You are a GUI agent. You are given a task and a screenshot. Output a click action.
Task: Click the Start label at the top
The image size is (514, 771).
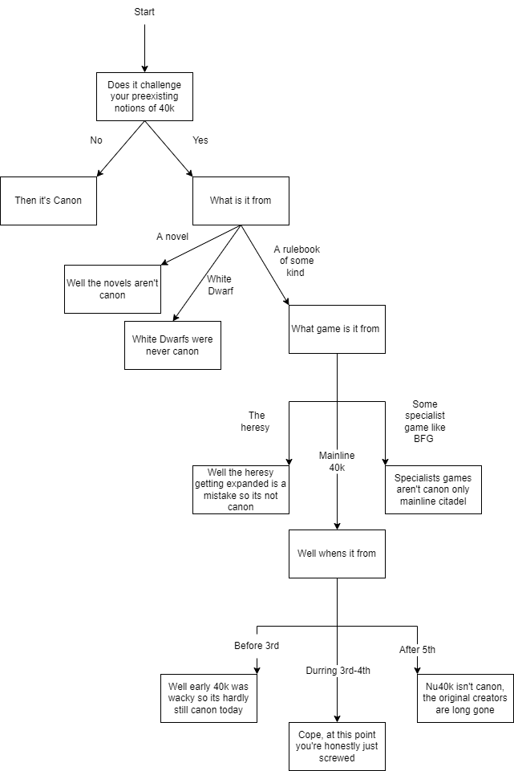pos(144,11)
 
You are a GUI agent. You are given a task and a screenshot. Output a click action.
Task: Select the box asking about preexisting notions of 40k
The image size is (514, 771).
pos(144,96)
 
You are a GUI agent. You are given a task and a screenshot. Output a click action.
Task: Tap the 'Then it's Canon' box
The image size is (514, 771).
pos(48,201)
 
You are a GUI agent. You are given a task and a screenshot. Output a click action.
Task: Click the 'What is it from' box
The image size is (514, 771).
pos(241,201)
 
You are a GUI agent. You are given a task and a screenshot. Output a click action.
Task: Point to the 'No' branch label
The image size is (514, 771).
pos(96,140)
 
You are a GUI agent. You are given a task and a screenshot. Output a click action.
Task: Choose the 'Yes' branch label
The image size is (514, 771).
pos(200,140)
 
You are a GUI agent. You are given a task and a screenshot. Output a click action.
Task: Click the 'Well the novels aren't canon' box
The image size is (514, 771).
pos(112,289)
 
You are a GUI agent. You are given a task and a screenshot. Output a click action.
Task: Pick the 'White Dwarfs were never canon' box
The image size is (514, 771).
pos(172,345)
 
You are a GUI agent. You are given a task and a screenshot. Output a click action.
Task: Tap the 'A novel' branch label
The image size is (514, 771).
pos(172,237)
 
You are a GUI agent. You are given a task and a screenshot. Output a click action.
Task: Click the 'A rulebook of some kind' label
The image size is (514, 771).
pos(297,261)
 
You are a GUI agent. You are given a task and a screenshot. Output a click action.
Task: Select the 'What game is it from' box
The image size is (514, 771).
pos(337,329)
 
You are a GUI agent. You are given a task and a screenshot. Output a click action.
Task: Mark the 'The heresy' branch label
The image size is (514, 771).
pos(257,421)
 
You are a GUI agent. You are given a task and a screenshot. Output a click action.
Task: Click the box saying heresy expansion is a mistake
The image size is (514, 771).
pos(241,489)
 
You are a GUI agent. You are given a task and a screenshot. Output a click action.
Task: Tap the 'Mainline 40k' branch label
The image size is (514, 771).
pos(337,461)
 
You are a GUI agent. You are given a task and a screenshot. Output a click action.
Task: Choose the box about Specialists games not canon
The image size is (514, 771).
pos(433,489)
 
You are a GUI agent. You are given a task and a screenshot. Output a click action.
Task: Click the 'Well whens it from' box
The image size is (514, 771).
pos(337,554)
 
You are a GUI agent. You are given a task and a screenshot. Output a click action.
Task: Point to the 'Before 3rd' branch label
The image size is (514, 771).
pos(257,646)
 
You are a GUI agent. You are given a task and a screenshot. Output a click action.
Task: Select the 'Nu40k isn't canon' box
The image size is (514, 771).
pos(465,698)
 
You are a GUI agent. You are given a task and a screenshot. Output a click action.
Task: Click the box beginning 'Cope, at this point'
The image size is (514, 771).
pos(337,746)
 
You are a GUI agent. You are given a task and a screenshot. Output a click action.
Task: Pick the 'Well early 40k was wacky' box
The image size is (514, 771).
pos(208,698)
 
